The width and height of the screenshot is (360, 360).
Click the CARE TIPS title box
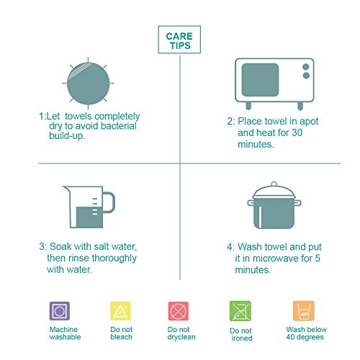[179, 40]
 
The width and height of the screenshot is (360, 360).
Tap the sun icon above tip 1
[88, 84]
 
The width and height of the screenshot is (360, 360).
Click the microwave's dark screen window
[260, 80]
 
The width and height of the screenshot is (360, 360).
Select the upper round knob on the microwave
[306, 67]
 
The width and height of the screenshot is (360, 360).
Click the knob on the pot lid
[274, 184]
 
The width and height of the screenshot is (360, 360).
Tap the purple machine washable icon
[60, 311]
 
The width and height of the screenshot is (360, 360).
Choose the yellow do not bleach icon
[120, 311]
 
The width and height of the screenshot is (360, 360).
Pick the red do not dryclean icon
[179, 311]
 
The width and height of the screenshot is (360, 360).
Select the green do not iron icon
[240, 311]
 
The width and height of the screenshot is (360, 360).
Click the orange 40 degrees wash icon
[304, 311]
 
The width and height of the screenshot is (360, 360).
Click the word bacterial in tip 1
[119, 126]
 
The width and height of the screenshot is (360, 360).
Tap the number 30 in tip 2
[297, 132]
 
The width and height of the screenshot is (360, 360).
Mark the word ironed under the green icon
[242, 338]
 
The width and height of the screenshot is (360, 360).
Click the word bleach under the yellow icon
[121, 337]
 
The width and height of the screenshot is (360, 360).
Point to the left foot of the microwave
[248, 105]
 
